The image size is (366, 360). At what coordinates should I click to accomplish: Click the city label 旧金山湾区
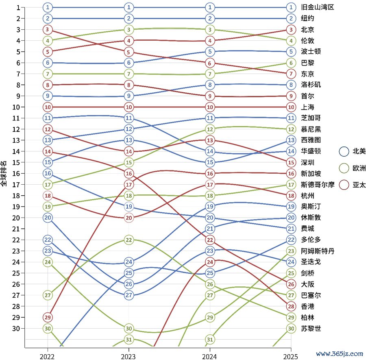(317, 7)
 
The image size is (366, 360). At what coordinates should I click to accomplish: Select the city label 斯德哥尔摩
(317, 185)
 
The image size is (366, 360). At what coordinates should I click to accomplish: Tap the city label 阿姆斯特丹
(317, 251)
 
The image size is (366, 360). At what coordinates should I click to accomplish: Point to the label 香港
(307, 306)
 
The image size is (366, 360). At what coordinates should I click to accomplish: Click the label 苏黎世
(311, 329)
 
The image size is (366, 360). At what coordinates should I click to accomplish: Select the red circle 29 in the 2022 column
(48, 317)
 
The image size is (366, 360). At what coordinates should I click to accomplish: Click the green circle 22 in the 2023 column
(129, 240)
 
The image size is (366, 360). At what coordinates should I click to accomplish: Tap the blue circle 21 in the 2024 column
(210, 229)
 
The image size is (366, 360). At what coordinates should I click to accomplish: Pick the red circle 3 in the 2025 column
(291, 29)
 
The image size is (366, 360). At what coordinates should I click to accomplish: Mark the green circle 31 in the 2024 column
(210, 339)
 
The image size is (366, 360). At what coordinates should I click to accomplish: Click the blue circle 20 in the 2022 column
(48, 218)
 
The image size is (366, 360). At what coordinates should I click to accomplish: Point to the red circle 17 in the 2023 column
(129, 185)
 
